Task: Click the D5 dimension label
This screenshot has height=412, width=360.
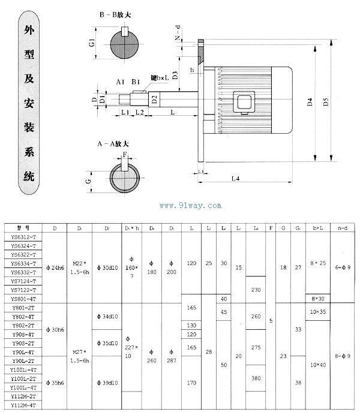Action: (x=325, y=101)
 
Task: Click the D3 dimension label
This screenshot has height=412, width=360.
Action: (x=175, y=75)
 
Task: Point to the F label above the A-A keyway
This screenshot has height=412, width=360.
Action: (x=125, y=154)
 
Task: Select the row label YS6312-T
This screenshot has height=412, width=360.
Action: (x=24, y=237)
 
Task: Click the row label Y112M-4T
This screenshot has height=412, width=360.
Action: (x=24, y=406)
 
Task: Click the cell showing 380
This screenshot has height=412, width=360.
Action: (x=257, y=378)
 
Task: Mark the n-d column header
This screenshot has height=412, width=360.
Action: (x=344, y=228)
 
